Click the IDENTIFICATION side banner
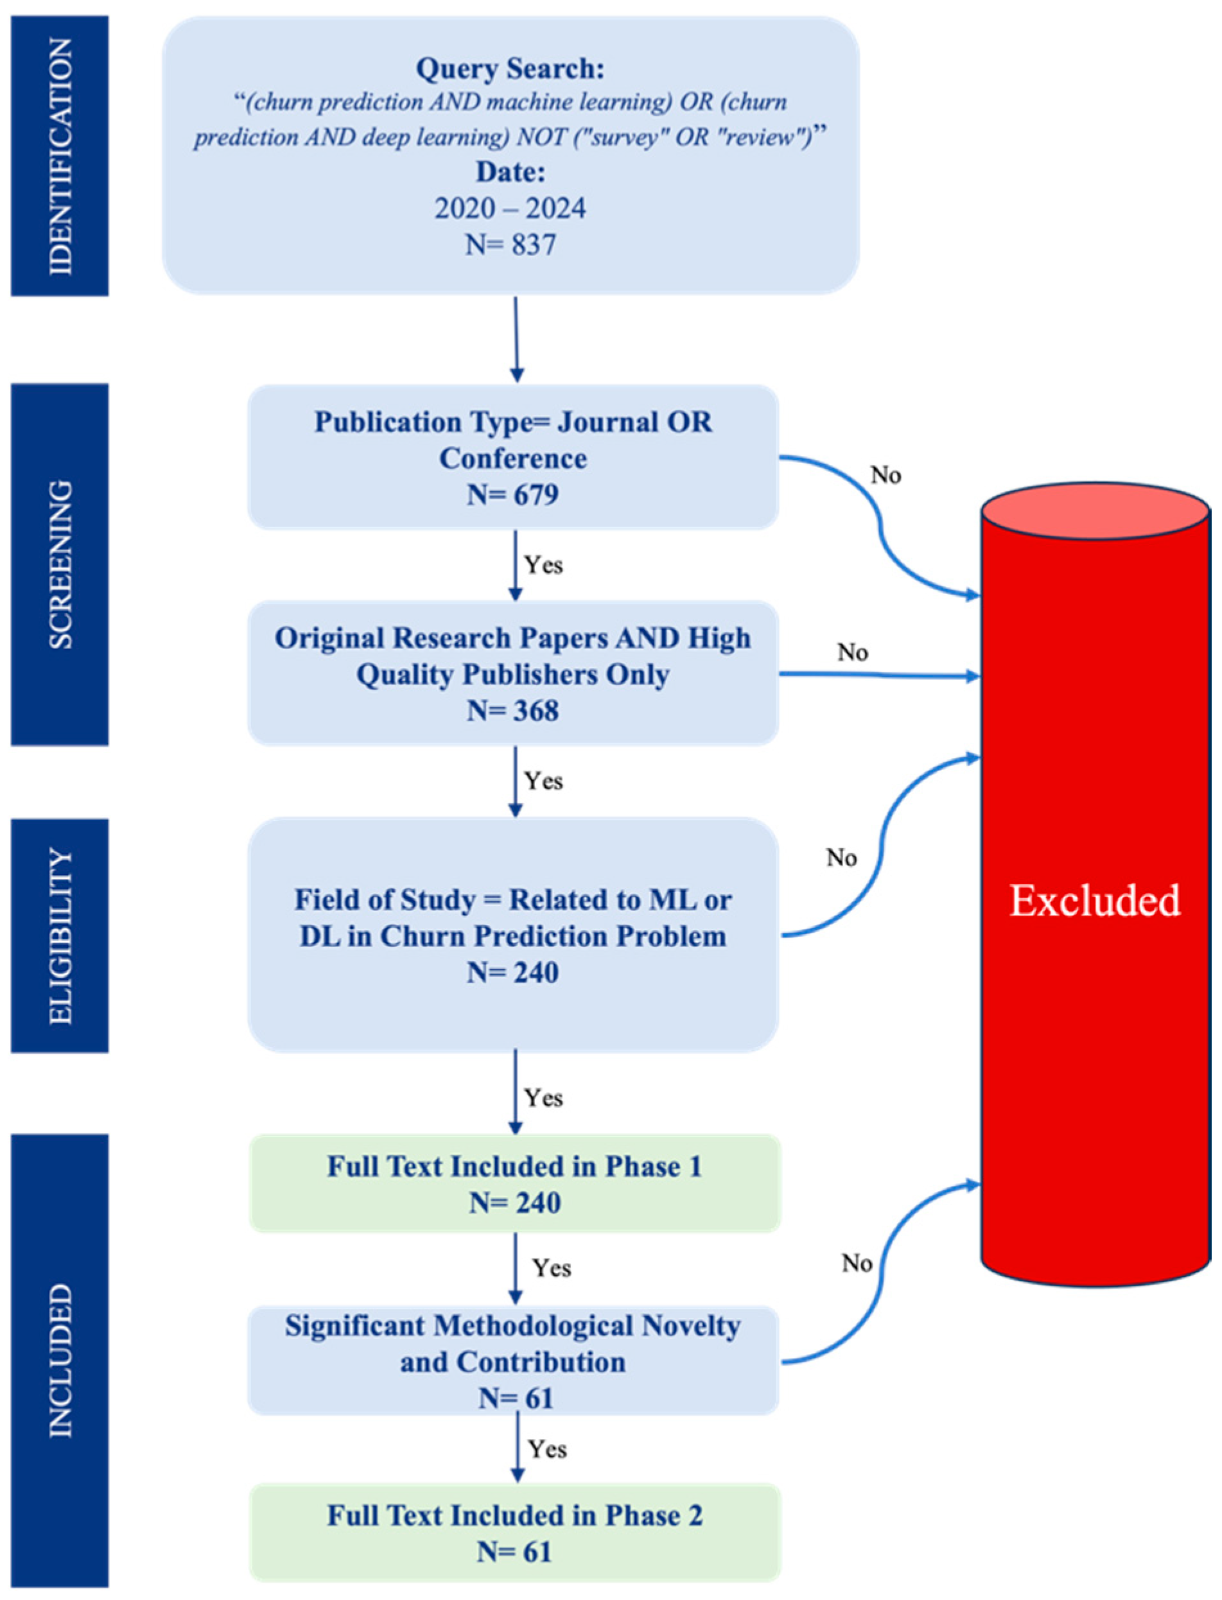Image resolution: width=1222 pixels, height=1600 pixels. (60, 155)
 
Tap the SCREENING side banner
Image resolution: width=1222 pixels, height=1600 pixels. (60, 564)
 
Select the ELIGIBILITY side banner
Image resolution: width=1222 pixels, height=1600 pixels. (60, 935)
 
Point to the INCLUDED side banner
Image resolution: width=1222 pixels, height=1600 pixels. (60, 1360)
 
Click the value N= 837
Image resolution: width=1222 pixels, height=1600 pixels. (511, 245)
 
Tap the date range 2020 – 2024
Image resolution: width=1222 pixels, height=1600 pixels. (511, 209)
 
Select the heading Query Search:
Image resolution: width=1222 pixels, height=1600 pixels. (511, 69)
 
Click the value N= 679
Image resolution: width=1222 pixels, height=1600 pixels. (513, 494)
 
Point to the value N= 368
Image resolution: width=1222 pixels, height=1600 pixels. (513, 711)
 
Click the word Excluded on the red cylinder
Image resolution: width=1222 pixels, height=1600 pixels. (1095, 900)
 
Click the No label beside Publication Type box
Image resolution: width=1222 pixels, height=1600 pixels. (886, 475)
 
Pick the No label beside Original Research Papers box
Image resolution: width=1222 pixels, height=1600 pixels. (853, 652)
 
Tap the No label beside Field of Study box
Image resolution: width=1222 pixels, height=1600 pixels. (842, 858)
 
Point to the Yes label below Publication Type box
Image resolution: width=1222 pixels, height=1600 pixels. (543, 565)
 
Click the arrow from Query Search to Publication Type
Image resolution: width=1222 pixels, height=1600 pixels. (516, 338)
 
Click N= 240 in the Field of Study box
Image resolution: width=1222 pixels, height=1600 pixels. (513, 972)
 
